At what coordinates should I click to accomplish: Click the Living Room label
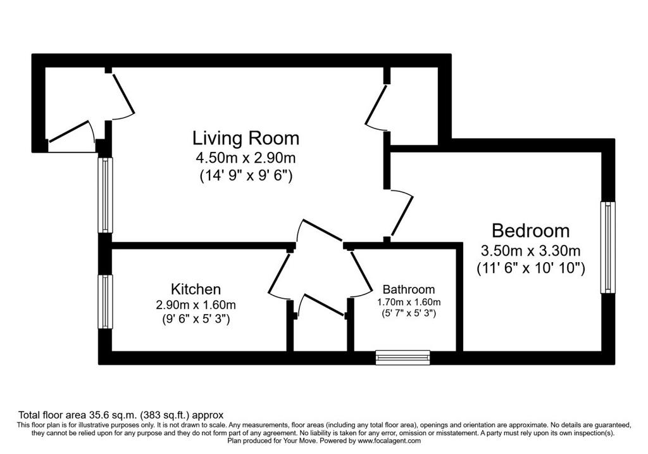pos(246,138)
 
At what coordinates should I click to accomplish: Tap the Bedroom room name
pos(531,230)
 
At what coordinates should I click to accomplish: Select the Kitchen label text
pos(196,289)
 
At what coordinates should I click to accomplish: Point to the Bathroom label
pos(409,289)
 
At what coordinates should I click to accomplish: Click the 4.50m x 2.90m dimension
pos(246,158)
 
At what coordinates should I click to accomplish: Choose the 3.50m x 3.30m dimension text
pos(531,251)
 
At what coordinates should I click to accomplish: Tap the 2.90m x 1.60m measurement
pos(196,305)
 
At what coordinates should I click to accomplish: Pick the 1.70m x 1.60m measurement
pos(409,302)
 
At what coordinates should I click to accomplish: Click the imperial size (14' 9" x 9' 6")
pos(246,176)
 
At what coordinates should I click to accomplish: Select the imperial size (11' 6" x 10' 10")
pos(531,268)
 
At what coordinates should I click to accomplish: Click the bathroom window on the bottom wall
pos(403,357)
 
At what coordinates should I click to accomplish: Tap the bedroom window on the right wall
pos(607,247)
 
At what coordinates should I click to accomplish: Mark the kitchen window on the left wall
pos(105,302)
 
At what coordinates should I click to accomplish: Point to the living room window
pos(105,195)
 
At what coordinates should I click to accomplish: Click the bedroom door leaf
pos(402,217)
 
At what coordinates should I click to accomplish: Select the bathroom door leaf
pos(361,269)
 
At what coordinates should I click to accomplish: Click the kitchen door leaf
pos(279,272)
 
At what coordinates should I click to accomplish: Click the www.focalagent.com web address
pos(389,441)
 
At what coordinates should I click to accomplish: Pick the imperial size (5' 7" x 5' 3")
pos(409,314)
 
